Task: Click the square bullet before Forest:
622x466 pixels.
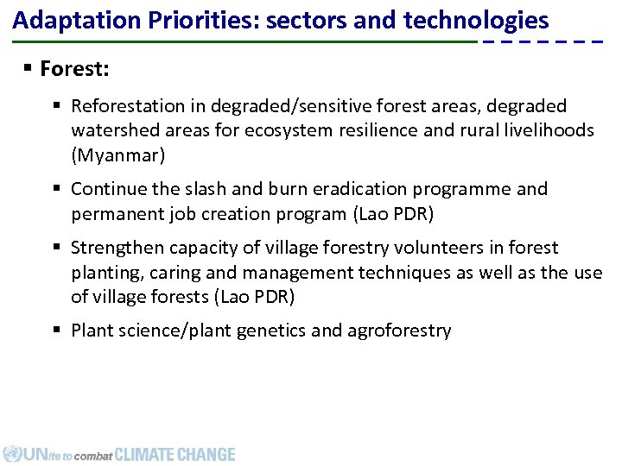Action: tap(29, 68)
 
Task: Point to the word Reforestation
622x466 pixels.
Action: tap(128, 106)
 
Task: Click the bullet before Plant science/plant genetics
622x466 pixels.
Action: tap(59, 331)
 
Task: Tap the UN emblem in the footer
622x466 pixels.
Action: tap(12, 454)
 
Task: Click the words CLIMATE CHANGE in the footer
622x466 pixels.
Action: tap(175, 454)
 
